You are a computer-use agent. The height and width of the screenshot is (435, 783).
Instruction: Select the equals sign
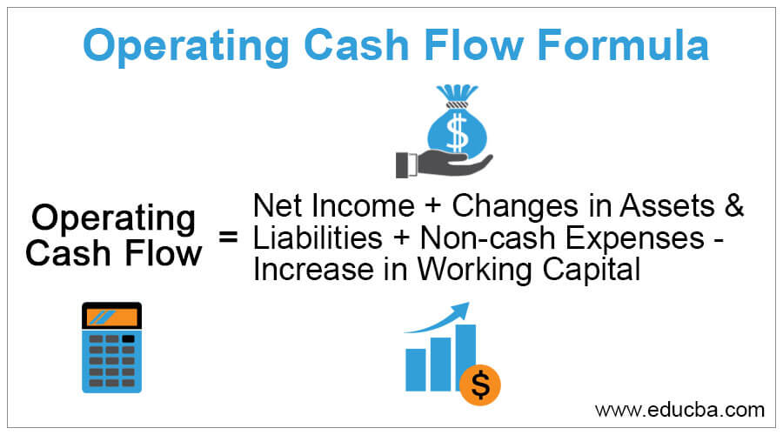pyautogui.click(x=229, y=237)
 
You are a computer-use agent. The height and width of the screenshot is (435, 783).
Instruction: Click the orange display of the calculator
pyautogui.click(x=111, y=315)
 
